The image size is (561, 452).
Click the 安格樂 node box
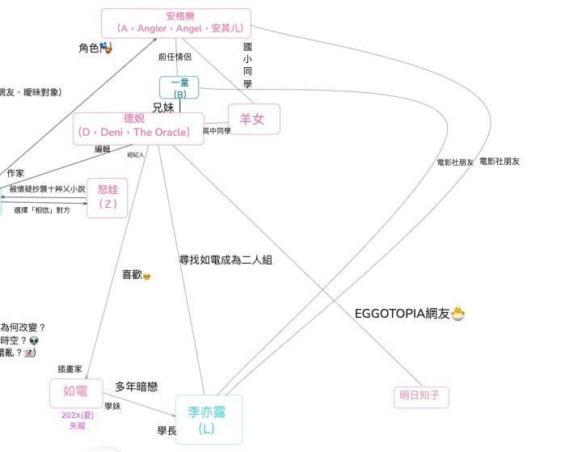coord(176,23)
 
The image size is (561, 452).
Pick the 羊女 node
coord(254,119)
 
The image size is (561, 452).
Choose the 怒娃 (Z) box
coord(108,196)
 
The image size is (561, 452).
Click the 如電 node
coord(76,392)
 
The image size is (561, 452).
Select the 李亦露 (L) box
coord(208,420)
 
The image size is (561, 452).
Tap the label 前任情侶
coord(174,57)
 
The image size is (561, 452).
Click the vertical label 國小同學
coord(247,65)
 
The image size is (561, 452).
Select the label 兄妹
coord(163,107)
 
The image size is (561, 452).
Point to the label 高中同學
coord(217,130)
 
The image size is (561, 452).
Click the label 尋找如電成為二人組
coord(226,260)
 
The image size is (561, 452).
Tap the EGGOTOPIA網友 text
coord(403,314)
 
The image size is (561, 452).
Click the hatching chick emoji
coord(459,313)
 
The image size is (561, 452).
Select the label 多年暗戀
coord(137,387)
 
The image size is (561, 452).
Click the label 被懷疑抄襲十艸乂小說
coord(48,188)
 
